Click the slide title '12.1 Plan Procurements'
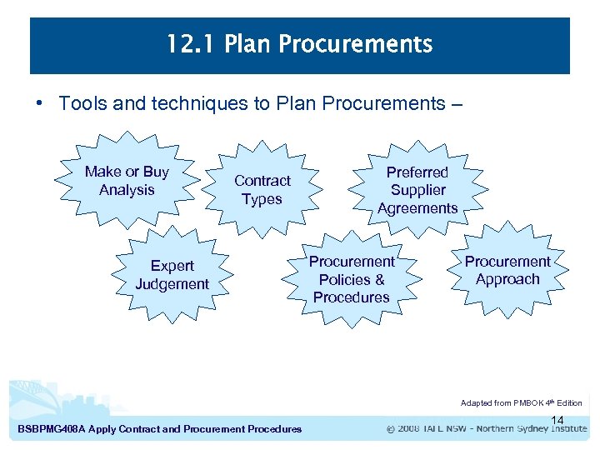point(299,44)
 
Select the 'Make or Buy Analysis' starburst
point(127,181)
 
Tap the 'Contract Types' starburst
point(262,190)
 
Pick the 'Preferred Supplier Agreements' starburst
point(417,190)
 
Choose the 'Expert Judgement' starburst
point(172,275)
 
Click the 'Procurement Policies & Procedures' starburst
point(352,279)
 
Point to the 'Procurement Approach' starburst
point(507,271)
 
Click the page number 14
point(557,420)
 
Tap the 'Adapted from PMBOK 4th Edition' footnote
point(521,403)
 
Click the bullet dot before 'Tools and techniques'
point(38,104)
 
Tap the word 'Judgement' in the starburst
point(172,284)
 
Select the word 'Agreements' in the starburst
point(417,208)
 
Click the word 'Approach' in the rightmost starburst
point(507,280)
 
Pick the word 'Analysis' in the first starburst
point(127,190)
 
